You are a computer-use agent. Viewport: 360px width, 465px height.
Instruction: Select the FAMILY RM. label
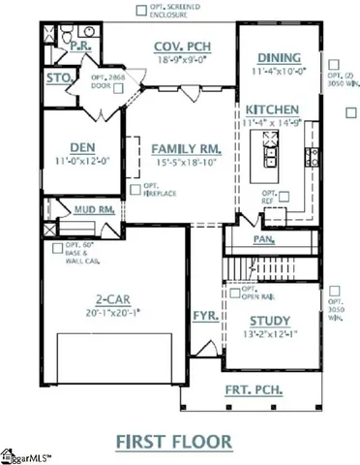(x=185, y=148)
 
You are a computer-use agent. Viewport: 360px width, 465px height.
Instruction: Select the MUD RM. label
(x=96, y=207)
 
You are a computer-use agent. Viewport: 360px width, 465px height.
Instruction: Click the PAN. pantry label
(x=261, y=237)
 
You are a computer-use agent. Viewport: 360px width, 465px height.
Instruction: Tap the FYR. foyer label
(x=204, y=316)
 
